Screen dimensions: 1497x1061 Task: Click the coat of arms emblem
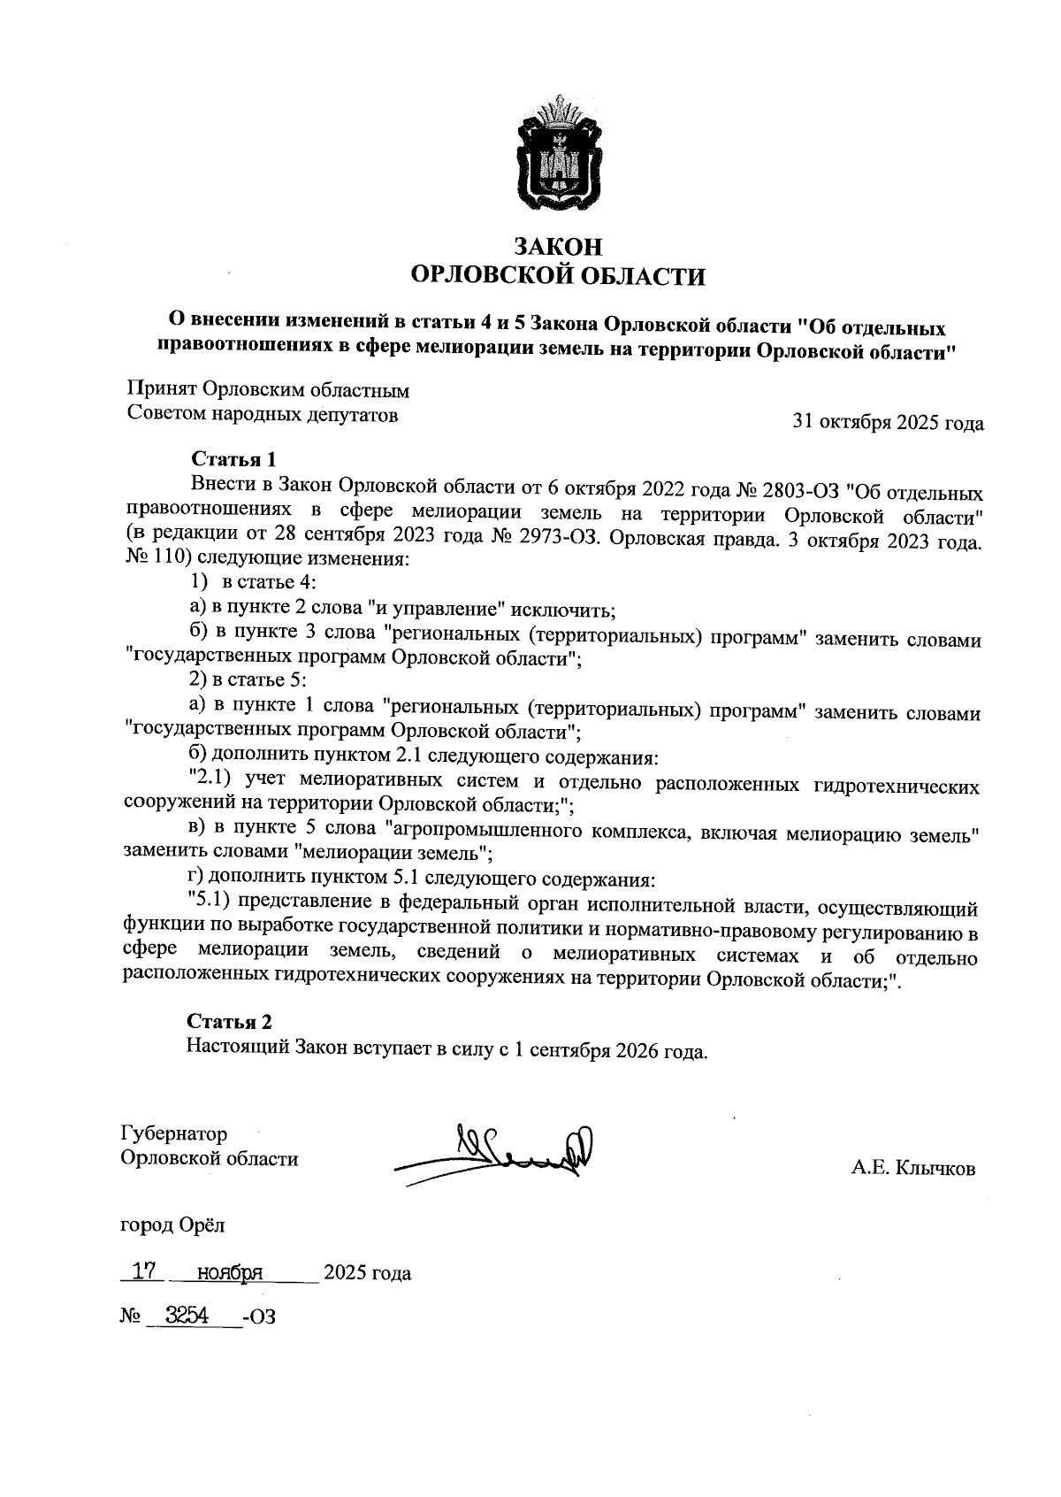(x=559, y=157)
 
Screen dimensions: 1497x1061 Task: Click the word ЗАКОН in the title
(x=559, y=245)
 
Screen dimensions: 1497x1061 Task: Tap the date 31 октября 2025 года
(x=888, y=423)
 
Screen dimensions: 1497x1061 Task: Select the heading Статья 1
(x=234, y=459)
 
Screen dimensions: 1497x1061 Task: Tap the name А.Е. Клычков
(x=913, y=1169)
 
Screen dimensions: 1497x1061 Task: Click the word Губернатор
(x=173, y=1134)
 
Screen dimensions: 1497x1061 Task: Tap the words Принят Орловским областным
(x=269, y=390)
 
